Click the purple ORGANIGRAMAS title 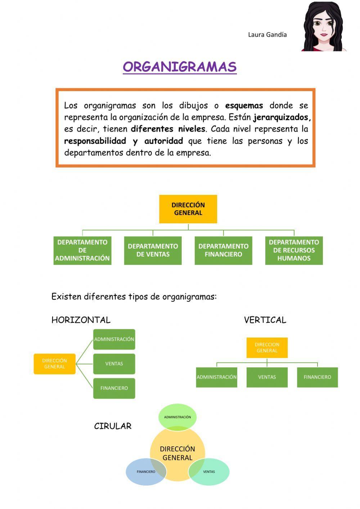180,67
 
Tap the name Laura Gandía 267,35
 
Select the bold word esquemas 244,106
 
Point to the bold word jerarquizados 282,117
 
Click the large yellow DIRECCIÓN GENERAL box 188,209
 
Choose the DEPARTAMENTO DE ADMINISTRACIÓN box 82,250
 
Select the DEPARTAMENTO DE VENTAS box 153,250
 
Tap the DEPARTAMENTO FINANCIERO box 223,250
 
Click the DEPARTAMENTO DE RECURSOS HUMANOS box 294,250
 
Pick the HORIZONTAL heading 81,320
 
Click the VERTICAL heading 265,320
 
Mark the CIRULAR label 113,426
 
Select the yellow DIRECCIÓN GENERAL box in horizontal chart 54,364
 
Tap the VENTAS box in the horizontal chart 114,364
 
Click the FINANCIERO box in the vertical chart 317,377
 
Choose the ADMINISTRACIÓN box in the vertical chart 216,377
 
